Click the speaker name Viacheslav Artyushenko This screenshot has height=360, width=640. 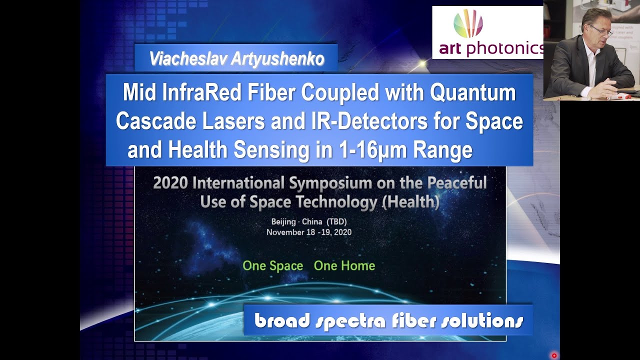[x=236, y=59]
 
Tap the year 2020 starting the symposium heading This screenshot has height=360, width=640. [x=170, y=183]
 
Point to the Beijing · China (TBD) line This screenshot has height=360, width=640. [x=309, y=221]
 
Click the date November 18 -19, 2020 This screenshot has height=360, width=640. [x=309, y=232]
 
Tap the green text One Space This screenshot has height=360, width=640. [x=272, y=266]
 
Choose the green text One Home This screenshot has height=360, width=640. [x=344, y=266]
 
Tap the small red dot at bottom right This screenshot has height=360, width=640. [x=554, y=355]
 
